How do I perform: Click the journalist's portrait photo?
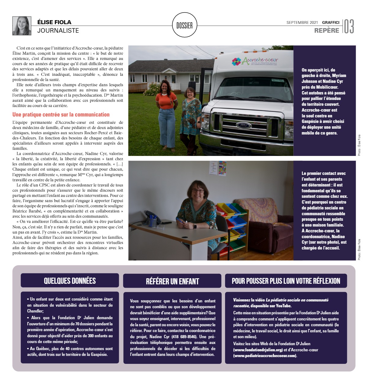tap(22, 26)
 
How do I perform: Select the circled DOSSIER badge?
tap(185, 25)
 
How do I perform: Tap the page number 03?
tap(349, 26)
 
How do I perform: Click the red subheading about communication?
tap(61, 115)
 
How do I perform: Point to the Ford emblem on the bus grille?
tap(244, 125)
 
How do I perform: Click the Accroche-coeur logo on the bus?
tap(255, 61)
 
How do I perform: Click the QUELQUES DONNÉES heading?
tap(70, 281)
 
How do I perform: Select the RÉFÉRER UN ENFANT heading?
tap(172, 281)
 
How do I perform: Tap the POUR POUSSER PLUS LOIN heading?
tap(286, 281)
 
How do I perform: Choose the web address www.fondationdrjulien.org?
tap(258, 350)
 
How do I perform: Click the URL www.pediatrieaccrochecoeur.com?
tap(265, 356)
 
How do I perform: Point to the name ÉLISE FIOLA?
tap(54, 22)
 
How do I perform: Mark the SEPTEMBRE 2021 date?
tap(302, 23)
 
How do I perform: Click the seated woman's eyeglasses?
tap(198, 191)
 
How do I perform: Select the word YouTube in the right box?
tap(283, 306)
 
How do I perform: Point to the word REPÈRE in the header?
tap(327, 30)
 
